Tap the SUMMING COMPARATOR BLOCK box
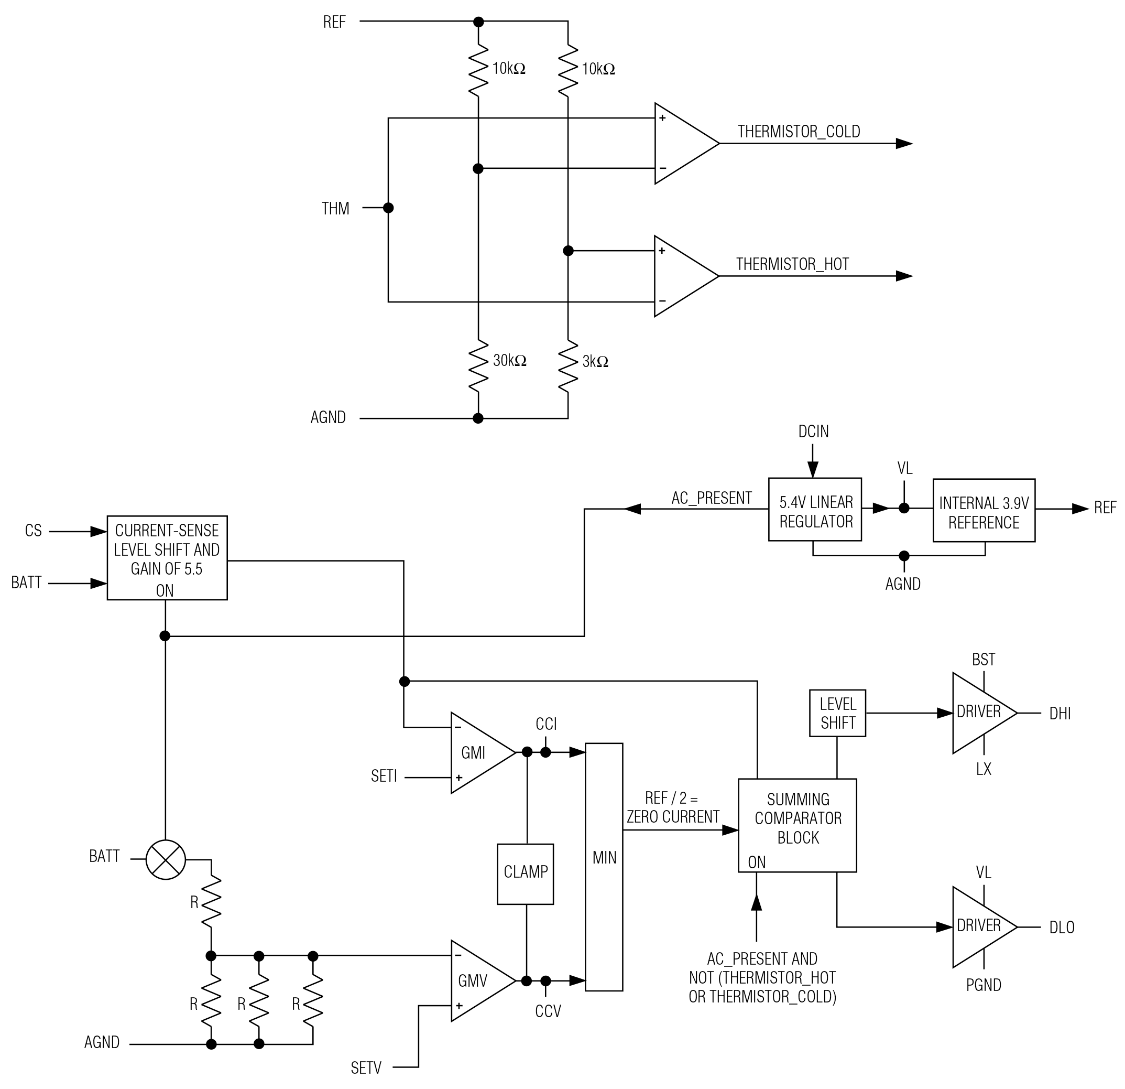click(x=798, y=825)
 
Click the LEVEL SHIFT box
click(x=837, y=713)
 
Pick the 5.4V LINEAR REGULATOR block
click(x=815, y=510)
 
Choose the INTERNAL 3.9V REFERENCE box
click(x=984, y=510)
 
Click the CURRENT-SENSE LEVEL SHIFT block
click(x=167, y=558)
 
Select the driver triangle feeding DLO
click(x=979, y=926)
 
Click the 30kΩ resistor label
click(x=510, y=361)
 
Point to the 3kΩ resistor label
click(x=595, y=362)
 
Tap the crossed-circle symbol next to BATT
click(x=166, y=859)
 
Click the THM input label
click(x=336, y=209)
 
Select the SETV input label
click(x=366, y=1068)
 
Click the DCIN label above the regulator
click(x=813, y=432)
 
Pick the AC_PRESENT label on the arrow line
click(x=712, y=498)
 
